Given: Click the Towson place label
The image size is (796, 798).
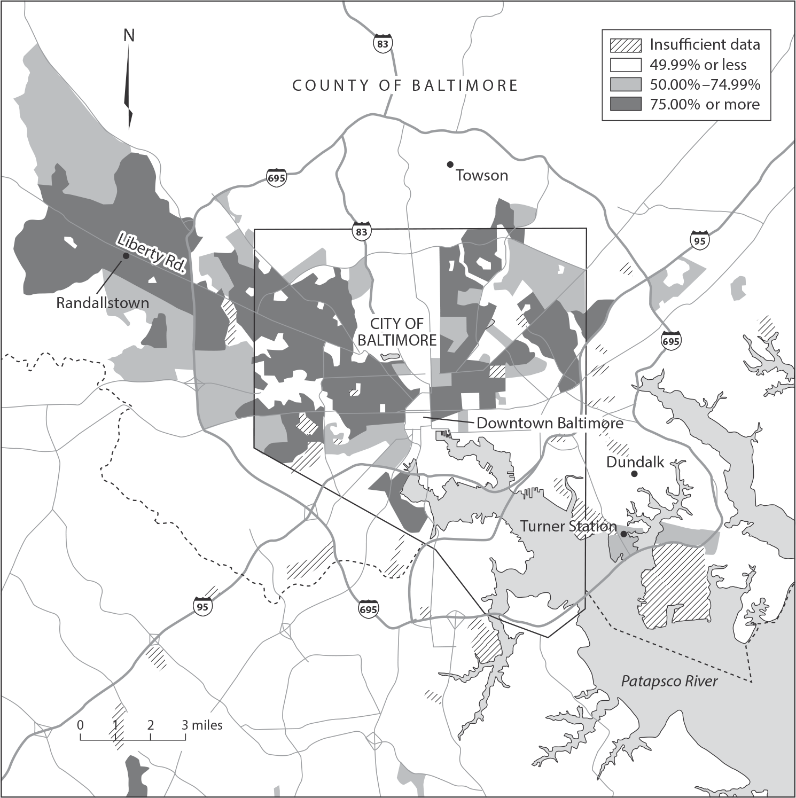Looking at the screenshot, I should coord(481,175).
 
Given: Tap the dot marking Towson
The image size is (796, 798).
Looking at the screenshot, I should coord(450,164).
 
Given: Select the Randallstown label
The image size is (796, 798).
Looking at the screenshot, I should coord(103,303).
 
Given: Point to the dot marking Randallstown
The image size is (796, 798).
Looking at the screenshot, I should coord(126,256).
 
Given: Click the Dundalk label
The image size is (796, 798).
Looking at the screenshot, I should coord(635,462).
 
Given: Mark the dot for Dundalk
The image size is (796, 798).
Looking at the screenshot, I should coord(634,474).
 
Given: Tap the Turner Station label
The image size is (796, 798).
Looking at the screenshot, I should coord(568,526).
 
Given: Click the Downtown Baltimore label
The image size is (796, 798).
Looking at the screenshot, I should coord(550,423).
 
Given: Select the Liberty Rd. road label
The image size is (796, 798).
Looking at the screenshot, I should coord(151,253).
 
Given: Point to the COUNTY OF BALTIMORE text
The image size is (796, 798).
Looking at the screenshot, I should coord(405,85).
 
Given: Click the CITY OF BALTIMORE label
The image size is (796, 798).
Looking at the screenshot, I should coord(397,332).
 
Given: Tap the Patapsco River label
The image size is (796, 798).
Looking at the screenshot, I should coord(669,682).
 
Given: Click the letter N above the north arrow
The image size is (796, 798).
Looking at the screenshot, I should coord(129,36).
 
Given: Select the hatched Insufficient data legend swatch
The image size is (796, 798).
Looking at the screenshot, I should coord(625,45).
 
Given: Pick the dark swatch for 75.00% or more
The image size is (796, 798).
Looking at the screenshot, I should coord(625,104).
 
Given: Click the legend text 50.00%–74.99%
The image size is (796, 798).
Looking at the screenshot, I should coord(705,84).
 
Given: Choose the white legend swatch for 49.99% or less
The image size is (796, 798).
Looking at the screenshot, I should coord(625,65).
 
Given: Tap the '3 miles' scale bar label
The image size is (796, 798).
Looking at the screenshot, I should coord(201,725).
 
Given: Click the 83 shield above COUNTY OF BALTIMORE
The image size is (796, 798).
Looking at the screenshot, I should coord(383,44).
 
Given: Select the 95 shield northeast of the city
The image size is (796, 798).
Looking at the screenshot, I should coord(699,240).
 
